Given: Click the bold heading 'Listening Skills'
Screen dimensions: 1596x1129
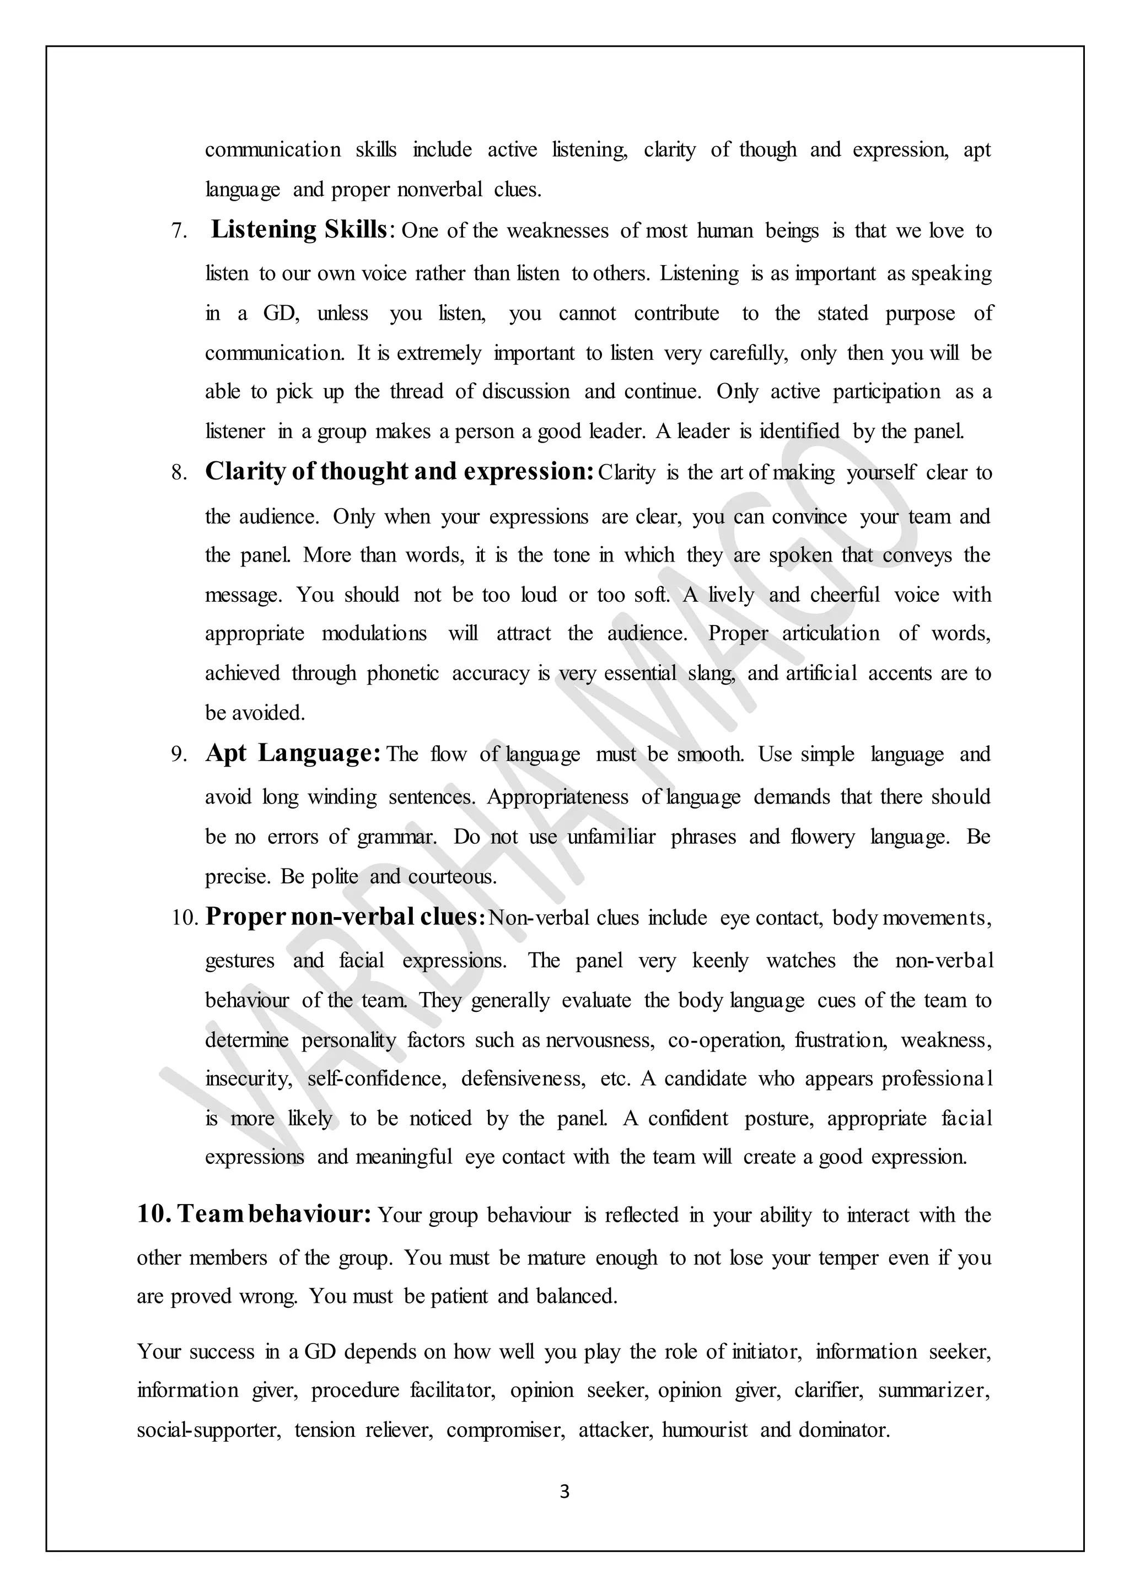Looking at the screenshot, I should click(299, 230).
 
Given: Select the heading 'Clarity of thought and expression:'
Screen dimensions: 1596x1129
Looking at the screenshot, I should click(399, 472).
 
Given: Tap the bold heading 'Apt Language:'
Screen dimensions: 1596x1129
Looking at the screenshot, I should click(293, 753).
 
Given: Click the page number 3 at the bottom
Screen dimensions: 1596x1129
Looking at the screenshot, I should click(564, 1492).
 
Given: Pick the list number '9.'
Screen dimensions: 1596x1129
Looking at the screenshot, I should click(179, 756).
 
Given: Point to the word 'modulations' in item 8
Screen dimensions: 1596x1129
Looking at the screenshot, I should click(374, 633).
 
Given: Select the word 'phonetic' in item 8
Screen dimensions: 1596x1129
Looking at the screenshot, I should click(402, 673).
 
